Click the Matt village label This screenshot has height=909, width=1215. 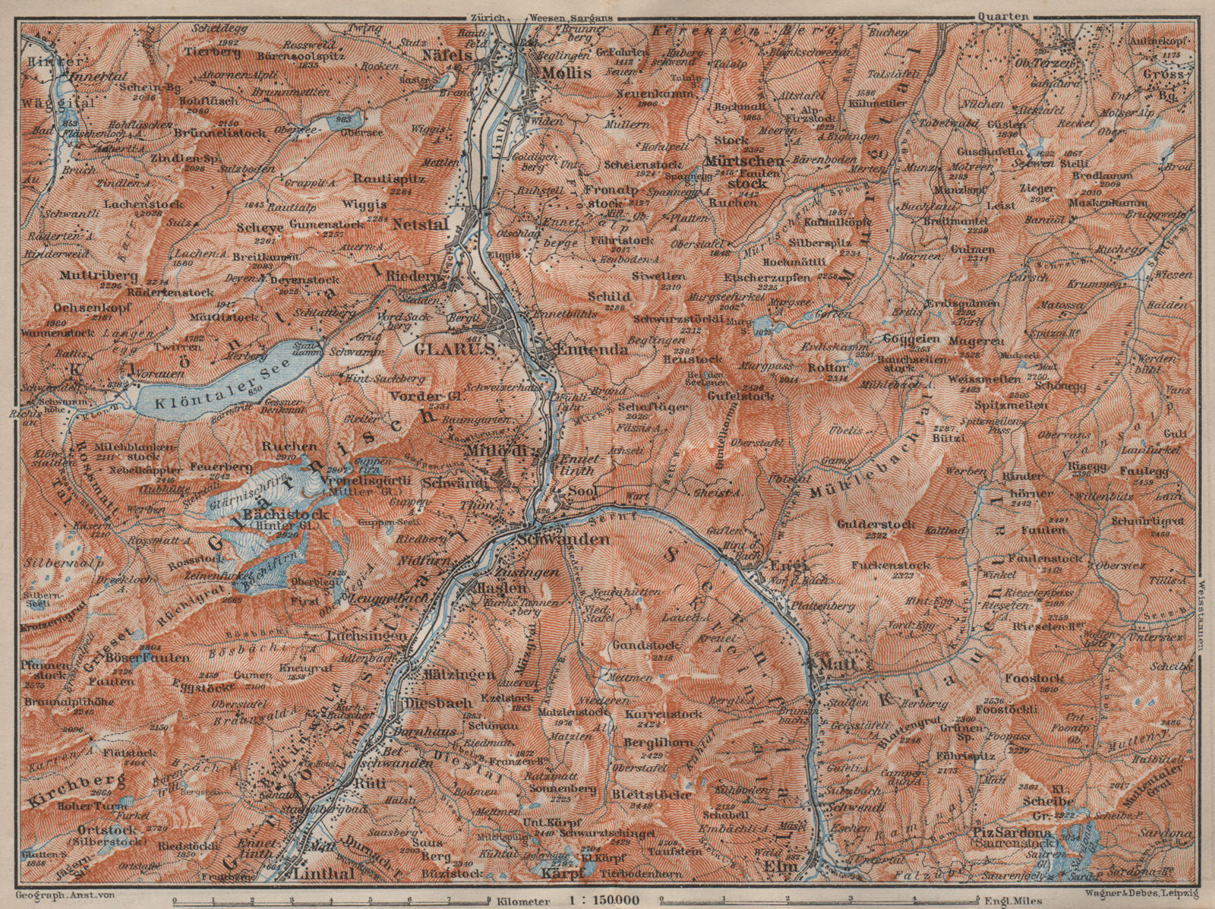(x=831, y=664)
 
